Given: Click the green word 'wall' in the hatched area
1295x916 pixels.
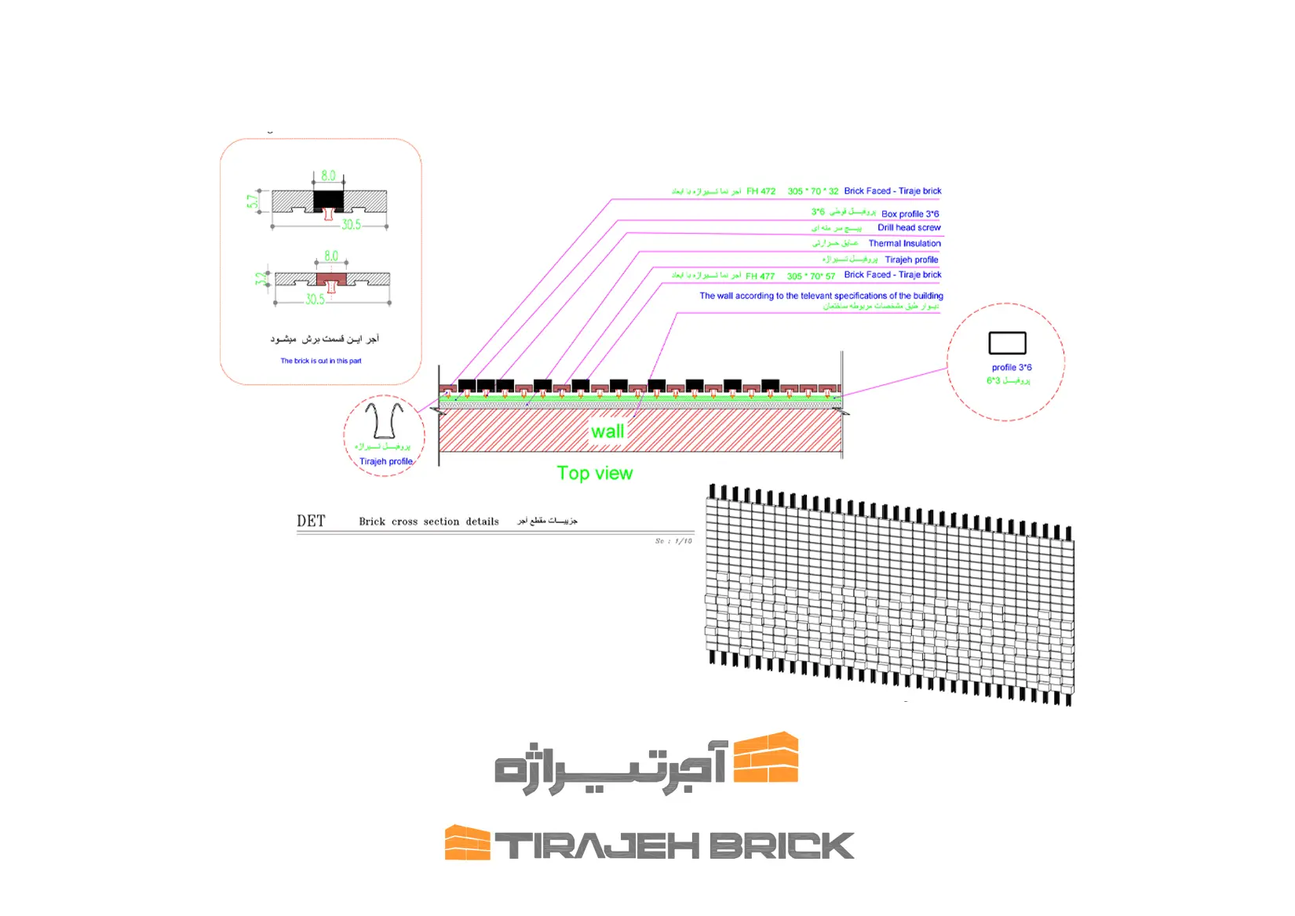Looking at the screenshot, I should tap(607, 431).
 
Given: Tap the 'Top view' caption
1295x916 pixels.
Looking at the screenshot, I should tap(594, 473).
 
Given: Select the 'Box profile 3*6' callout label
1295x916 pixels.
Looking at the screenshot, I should tap(910, 213).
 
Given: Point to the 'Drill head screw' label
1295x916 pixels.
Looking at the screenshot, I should tap(909, 227).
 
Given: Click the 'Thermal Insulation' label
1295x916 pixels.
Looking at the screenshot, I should tap(904, 243).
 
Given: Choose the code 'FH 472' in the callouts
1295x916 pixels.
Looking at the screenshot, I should tap(761, 191).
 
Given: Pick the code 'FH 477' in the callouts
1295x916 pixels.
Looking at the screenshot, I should tap(760, 276).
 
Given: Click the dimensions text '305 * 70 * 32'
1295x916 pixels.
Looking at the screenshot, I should tap(812, 191).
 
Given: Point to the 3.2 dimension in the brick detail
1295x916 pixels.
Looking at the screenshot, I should tap(261, 278).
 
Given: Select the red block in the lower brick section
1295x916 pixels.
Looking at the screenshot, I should tap(331, 279).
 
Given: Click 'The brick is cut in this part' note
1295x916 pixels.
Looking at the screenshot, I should tap(321, 361).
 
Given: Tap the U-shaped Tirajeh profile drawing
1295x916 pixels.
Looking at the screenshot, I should tap(384, 420).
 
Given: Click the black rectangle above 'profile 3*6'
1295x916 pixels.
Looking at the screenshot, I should tap(1007, 343).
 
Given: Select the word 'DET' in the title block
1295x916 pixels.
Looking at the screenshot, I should tap(311, 521).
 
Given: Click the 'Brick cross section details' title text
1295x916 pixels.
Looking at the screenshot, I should tap(429, 522).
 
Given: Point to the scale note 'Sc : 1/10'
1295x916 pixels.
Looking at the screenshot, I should tap(673, 541).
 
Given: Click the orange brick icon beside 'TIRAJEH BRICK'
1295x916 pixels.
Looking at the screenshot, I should tap(467, 842).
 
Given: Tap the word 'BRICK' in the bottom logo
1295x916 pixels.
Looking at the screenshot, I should tap(781, 846).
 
